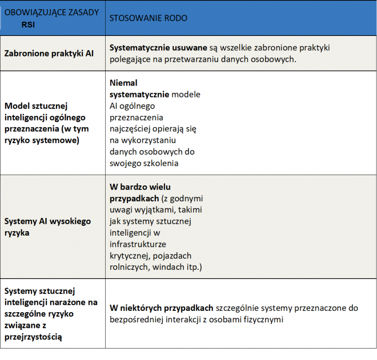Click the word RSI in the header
click(x=29, y=25)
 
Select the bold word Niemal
click(x=123, y=83)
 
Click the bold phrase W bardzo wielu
click(x=139, y=187)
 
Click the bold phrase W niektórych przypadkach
click(x=162, y=308)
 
